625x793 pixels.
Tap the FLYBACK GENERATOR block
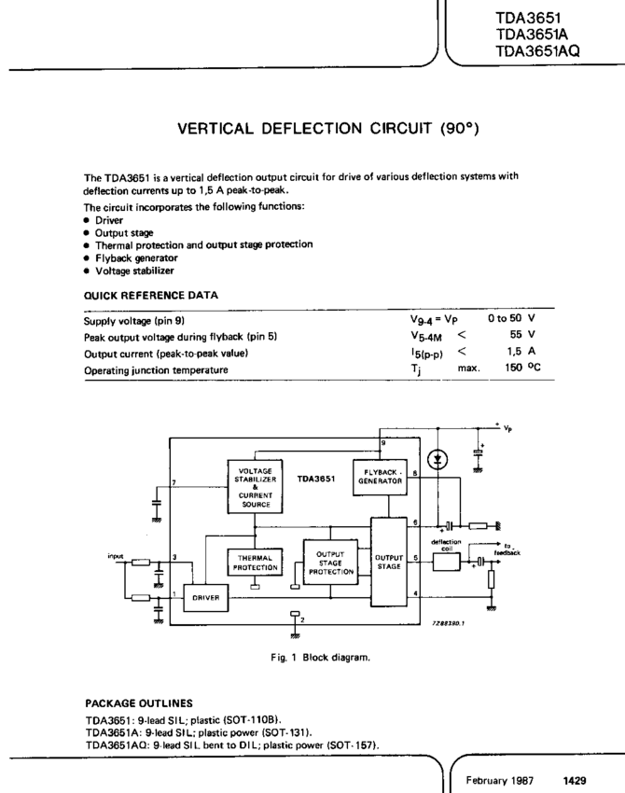382,477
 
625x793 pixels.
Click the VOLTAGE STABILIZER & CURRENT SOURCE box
255,486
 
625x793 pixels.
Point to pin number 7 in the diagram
175,482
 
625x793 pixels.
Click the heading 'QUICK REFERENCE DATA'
152,295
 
